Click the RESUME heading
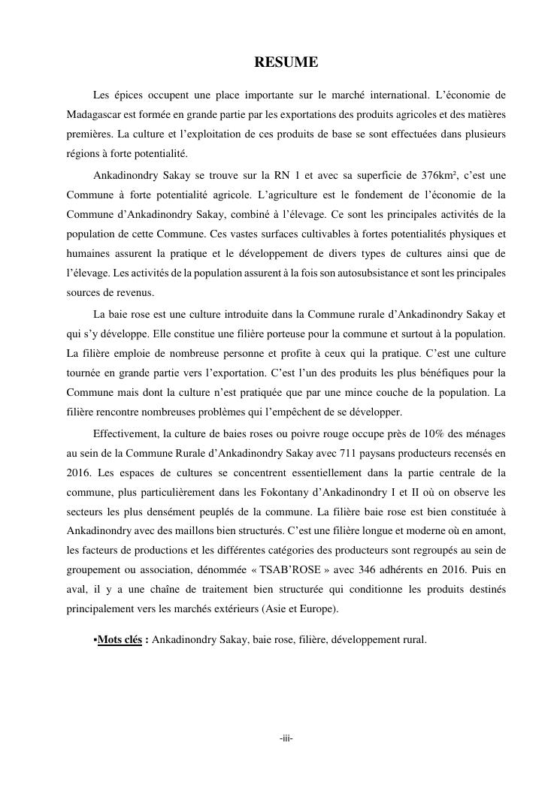pos(286,62)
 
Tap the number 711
pos(349,453)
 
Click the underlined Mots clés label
pos(120,641)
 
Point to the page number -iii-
pos(286,739)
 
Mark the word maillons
pos(176,531)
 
